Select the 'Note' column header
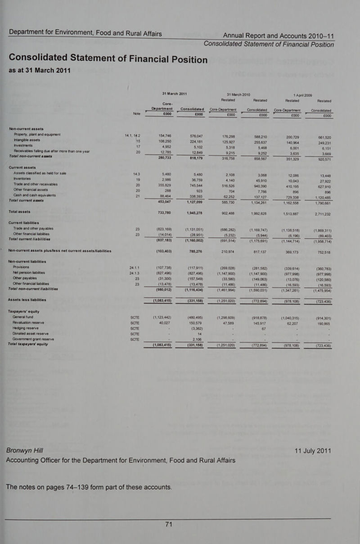click(137, 114)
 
